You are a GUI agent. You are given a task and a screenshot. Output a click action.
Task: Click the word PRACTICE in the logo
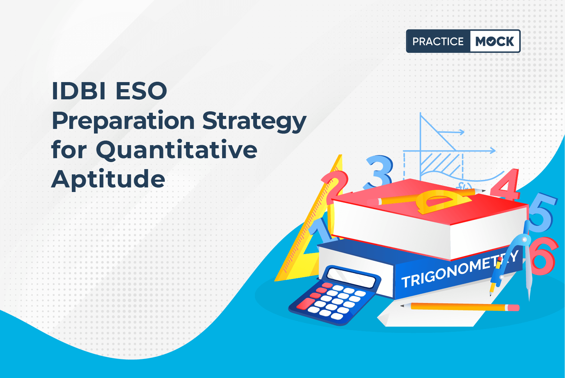(438, 41)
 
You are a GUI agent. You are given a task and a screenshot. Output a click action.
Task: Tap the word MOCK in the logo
(495, 41)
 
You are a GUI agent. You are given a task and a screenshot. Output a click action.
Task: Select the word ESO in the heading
(141, 91)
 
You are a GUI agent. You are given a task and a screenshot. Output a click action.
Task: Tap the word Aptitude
(108, 179)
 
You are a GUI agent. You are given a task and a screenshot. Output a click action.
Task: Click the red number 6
(543, 256)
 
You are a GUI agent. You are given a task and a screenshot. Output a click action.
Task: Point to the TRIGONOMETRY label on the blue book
(459, 269)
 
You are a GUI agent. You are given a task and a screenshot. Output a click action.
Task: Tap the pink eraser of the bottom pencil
(512, 308)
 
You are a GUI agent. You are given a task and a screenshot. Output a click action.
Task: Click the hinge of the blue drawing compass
(525, 239)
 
